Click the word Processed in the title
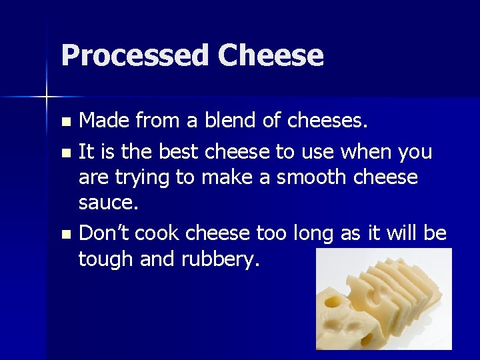click(x=135, y=56)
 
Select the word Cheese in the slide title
click(x=270, y=56)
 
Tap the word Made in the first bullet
click(x=104, y=121)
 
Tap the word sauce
click(x=108, y=203)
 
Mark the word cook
click(x=161, y=233)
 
